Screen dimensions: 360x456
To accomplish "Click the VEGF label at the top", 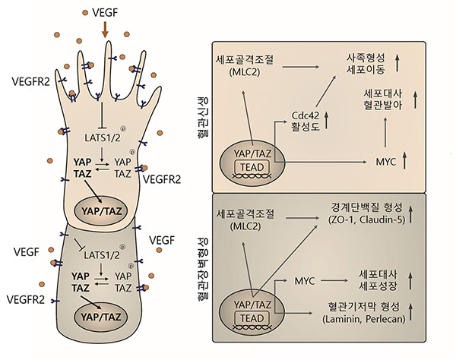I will tap(105, 14).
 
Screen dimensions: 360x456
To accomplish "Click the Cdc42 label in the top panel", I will tap(304, 115).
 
